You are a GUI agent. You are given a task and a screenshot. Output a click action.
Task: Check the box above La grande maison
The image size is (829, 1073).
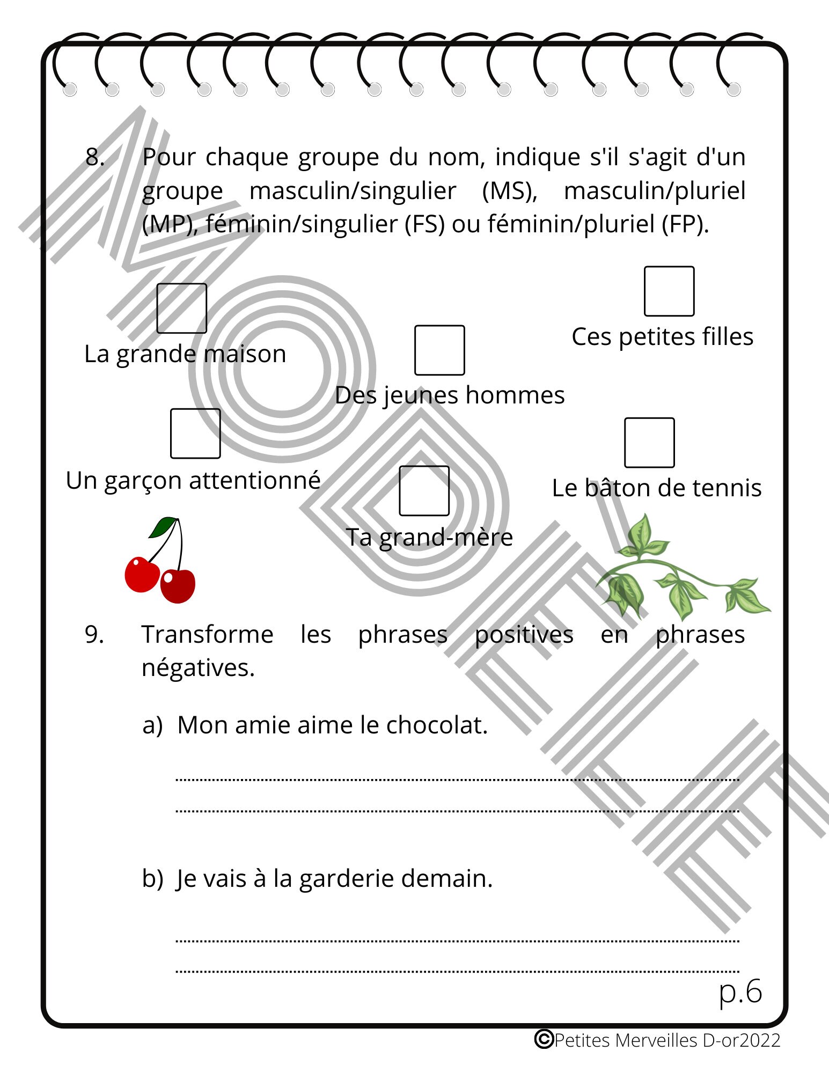(181, 308)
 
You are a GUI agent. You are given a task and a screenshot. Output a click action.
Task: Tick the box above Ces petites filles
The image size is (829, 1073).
(669, 291)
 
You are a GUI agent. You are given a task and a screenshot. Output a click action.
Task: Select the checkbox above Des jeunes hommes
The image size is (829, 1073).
(439, 350)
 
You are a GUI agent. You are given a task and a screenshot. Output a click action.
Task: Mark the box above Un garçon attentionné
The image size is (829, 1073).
(195, 433)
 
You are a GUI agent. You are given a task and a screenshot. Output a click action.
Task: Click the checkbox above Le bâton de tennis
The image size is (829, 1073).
(649, 443)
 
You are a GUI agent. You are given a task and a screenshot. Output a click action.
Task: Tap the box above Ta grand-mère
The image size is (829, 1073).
(424, 491)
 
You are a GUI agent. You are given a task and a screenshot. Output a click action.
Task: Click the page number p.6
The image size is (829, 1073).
(740, 991)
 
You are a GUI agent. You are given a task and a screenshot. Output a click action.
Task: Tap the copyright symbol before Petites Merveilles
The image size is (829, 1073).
(544, 1039)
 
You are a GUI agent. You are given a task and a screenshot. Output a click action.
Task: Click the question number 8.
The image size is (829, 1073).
(94, 157)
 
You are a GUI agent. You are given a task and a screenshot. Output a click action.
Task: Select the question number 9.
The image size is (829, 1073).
(94, 635)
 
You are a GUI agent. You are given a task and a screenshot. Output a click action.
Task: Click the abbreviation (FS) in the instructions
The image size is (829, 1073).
(424, 224)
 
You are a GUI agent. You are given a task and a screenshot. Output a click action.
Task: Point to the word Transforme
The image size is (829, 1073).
(207, 635)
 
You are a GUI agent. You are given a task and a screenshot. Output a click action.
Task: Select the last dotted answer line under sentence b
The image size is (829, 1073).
(457, 971)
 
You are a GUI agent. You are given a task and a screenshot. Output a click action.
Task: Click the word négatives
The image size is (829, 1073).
(197, 668)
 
